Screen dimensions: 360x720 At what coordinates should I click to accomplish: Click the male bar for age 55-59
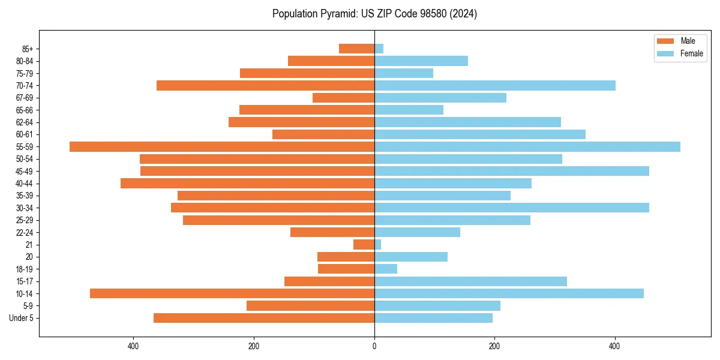(x=222, y=146)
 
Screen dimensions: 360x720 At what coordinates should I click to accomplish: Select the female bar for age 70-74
(x=495, y=85)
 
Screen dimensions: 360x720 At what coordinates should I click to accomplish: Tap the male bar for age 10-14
(x=232, y=293)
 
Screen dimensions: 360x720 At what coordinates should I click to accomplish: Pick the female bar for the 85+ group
(x=379, y=49)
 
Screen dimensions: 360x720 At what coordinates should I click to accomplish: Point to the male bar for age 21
(x=364, y=244)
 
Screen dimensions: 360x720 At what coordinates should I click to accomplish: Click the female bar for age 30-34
(x=512, y=208)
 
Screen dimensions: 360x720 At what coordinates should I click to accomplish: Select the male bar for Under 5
(x=264, y=318)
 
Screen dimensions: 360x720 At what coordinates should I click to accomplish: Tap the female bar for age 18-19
(x=386, y=269)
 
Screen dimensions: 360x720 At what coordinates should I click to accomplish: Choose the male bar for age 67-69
(x=344, y=98)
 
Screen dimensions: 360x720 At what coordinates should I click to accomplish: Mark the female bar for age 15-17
(x=470, y=281)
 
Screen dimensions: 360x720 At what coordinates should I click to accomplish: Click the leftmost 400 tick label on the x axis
(x=134, y=346)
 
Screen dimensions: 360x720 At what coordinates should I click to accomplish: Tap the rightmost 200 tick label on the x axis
(x=494, y=346)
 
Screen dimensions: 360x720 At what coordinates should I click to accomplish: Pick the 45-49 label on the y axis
(x=25, y=171)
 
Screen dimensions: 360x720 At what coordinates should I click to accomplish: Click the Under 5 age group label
(x=22, y=318)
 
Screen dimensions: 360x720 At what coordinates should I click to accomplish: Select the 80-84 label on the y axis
(x=25, y=61)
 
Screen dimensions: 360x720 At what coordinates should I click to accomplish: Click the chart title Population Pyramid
(x=374, y=14)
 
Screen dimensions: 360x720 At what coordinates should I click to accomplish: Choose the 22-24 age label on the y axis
(x=25, y=232)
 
